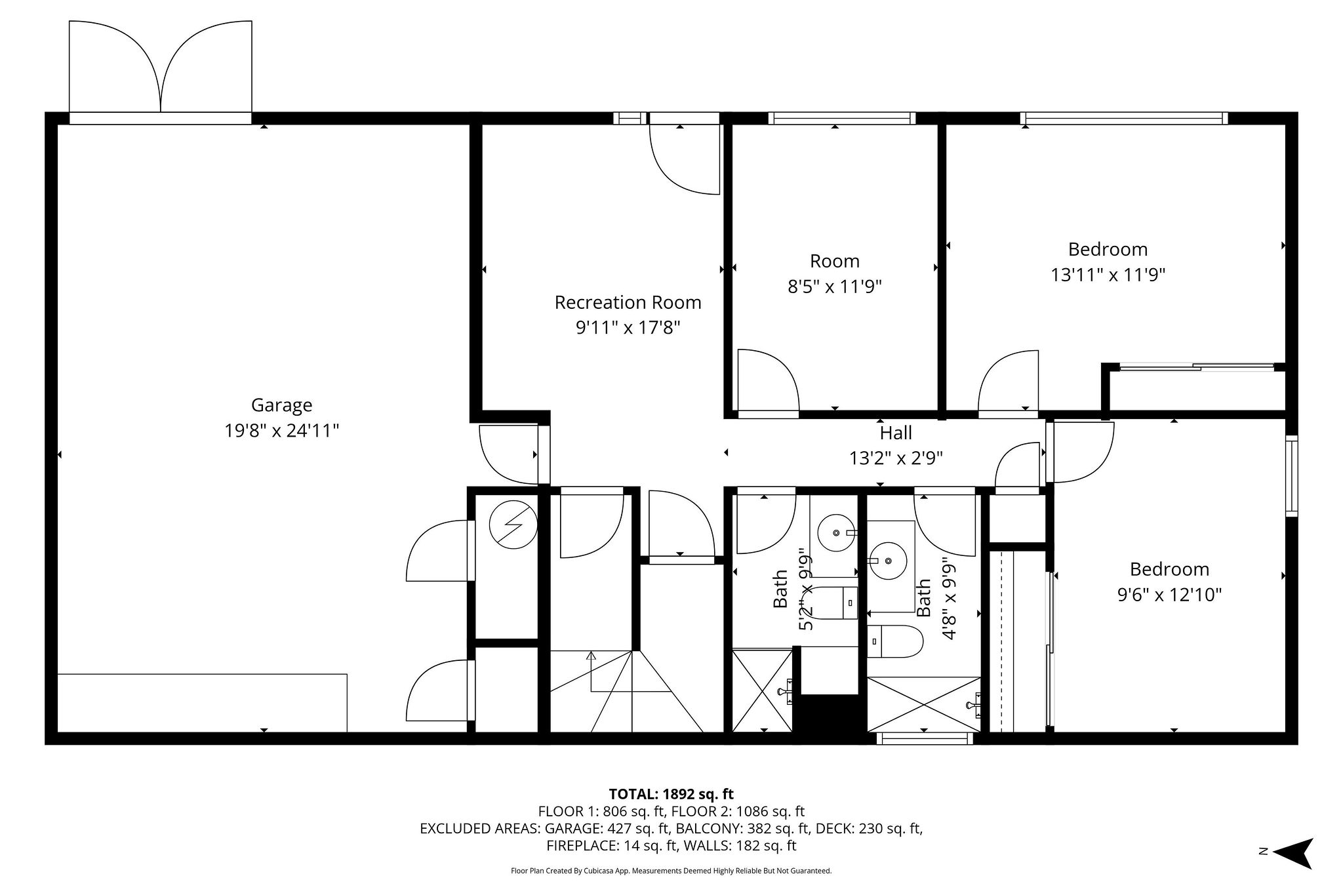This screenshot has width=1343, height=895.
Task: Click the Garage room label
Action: (x=281, y=405)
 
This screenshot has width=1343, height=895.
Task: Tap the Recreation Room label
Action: (x=628, y=302)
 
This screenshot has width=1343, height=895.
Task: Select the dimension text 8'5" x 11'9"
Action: (x=834, y=287)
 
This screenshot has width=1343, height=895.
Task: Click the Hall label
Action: (x=896, y=433)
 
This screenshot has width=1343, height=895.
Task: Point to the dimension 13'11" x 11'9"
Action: (x=1108, y=275)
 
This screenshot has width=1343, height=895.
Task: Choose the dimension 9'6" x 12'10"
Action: (x=1169, y=595)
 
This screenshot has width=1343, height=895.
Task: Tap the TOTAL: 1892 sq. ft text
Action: (x=671, y=795)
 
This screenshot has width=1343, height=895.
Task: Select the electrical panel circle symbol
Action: (x=513, y=525)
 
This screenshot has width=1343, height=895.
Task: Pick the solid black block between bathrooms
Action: (x=829, y=719)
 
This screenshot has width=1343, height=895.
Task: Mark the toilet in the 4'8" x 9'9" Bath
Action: (x=895, y=641)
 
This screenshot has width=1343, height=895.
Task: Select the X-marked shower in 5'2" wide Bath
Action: (x=762, y=690)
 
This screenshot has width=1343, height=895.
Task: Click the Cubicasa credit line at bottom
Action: (x=671, y=871)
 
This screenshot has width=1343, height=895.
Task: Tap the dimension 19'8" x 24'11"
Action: (x=281, y=431)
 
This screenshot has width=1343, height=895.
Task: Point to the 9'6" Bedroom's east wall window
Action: (x=1291, y=475)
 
